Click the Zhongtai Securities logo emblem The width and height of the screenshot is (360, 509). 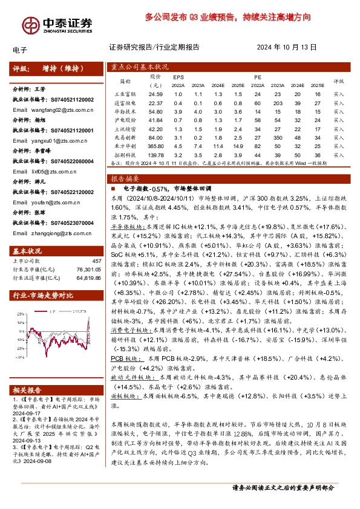[x=28, y=25]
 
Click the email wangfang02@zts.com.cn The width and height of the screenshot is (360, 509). [x=45, y=110]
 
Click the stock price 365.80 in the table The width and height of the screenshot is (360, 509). [x=155, y=146]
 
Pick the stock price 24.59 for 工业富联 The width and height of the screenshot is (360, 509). [x=155, y=94]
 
